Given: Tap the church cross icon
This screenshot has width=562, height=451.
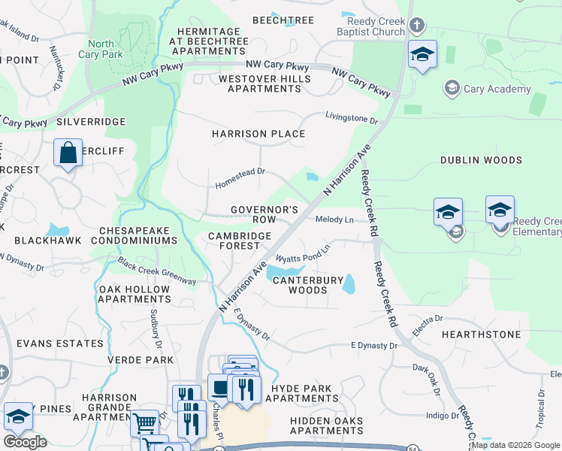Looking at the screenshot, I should (x=418, y=27).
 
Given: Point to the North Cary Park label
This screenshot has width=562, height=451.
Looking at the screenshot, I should (x=101, y=50).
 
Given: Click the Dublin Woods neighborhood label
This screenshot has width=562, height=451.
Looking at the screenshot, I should (x=481, y=160).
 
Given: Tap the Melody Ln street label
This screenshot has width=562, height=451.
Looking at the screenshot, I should (x=334, y=219).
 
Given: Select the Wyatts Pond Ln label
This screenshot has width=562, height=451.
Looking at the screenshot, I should (x=304, y=253).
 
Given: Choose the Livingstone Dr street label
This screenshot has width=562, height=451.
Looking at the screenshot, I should (x=351, y=118).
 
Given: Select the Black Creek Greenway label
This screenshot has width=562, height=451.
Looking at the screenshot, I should (x=156, y=271).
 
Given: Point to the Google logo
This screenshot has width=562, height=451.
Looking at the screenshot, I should (x=25, y=442).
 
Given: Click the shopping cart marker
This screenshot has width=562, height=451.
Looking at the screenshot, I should (x=144, y=422).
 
